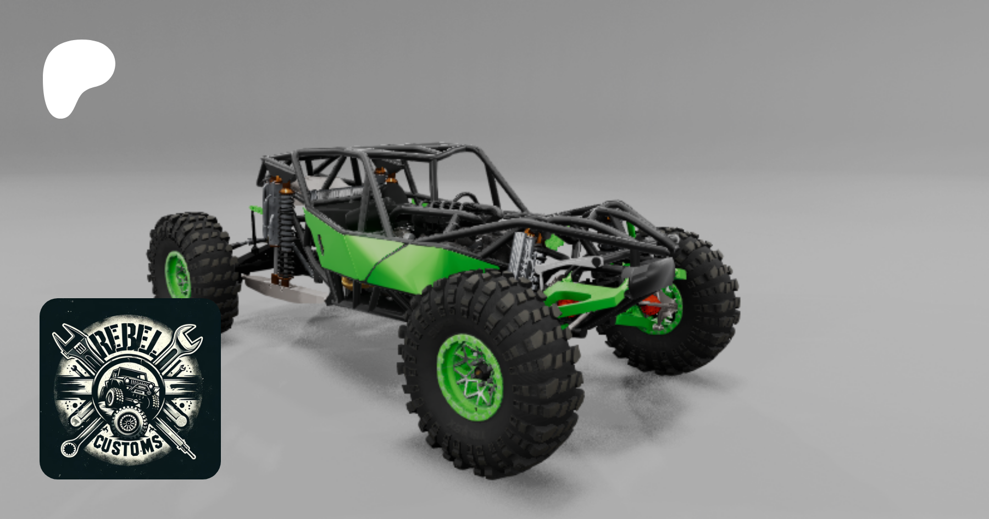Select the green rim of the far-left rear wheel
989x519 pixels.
click(x=177, y=275)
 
